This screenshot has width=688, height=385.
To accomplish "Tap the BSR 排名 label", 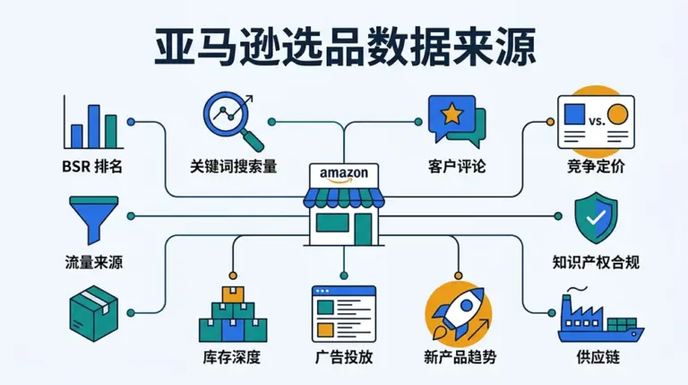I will pyautogui.click(x=94, y=167).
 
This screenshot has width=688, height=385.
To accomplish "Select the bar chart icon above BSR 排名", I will pyautogui.click(x=93, y=123).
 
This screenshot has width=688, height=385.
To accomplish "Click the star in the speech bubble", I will pyautogui.click(x=449, y=114).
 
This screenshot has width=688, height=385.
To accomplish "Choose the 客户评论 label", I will pyautogui.click(x=457, y=167).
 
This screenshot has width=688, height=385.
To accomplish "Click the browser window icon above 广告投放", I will pyautogui.click(x=343, y=312).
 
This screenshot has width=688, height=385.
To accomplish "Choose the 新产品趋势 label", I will pyautogui.click(x=458, y=357).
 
